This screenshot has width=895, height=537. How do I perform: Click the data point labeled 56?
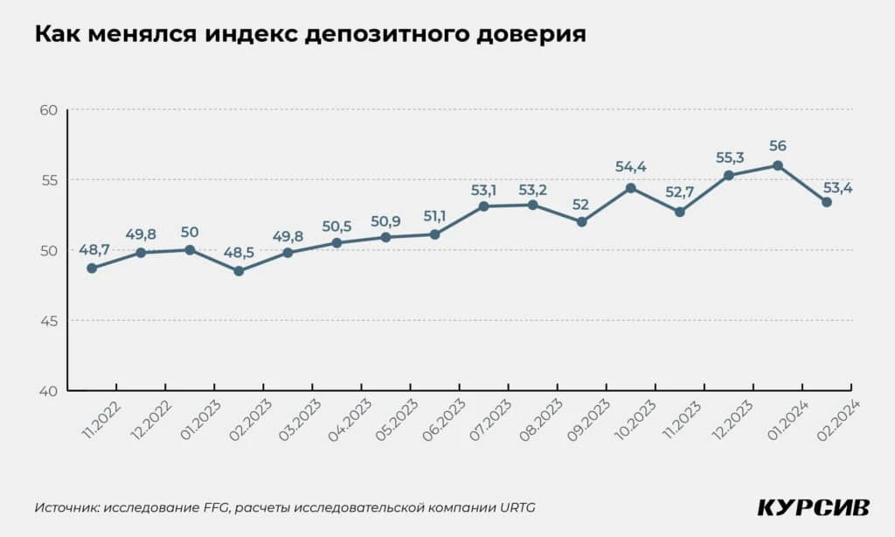(x=777, y=165)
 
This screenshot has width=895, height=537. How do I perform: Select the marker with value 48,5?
(x=239, y=271)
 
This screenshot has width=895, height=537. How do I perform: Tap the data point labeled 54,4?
(x=630, y=188)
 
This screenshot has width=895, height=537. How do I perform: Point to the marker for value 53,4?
(x=826, y=202)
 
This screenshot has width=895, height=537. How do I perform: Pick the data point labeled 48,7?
(x=92, y=268)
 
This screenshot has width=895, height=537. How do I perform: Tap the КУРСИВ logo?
(x=813, y=508)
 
